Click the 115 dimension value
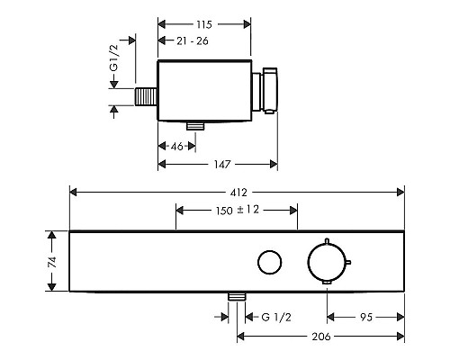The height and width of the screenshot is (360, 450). [x=204, y=24]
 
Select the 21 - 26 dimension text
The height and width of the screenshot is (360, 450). [x=193, y=40]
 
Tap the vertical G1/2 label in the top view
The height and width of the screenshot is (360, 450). [x=114, y=58]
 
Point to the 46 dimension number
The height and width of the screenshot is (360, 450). [x=177, y=147]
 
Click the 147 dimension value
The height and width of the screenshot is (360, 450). [x=222, y=164]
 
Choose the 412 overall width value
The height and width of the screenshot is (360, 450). [x=238, y=193]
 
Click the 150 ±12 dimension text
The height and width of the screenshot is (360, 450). [x=238, y=210]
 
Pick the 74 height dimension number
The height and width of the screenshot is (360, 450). [x=52, y=262]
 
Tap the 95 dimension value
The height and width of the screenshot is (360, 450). [x=366, y=317]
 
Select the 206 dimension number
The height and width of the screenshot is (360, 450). [x=321, y=337]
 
